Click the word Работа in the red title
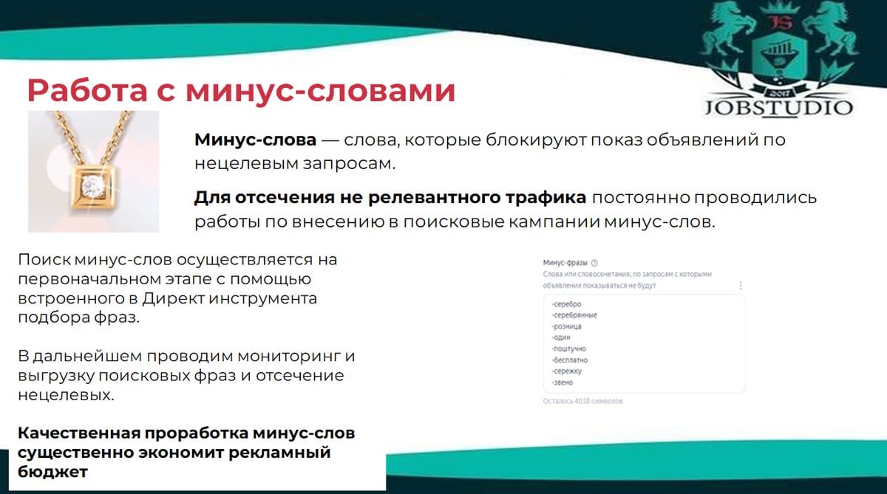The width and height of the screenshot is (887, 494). click(x=87, y=91)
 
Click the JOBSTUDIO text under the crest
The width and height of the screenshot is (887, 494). click(x=778, y=108)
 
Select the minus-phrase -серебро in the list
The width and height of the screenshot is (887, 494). click(x=566, y=304)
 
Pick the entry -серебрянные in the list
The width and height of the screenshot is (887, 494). click(x=574, y=315)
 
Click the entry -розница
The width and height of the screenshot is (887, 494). click(x=566, y=326)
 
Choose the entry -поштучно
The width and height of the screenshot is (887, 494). click(x=568, y=349)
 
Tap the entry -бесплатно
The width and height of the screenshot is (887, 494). click(x=569, y=360)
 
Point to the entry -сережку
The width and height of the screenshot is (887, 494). click(x=566, y=371)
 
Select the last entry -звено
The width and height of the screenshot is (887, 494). click(x=562, y=382)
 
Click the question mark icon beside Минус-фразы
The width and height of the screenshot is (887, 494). click(x=594, y=263)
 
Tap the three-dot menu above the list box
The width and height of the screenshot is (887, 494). click(x=741, y=285)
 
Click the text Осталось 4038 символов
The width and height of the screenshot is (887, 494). click(x=582, y=401)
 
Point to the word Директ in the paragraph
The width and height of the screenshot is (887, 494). click(x=174, y=298)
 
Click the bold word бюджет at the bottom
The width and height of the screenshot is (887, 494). click(x=52, y=472)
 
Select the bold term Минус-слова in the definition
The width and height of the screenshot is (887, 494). click(x=256, y=140)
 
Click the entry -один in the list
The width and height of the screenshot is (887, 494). click(x=561, y=337)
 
